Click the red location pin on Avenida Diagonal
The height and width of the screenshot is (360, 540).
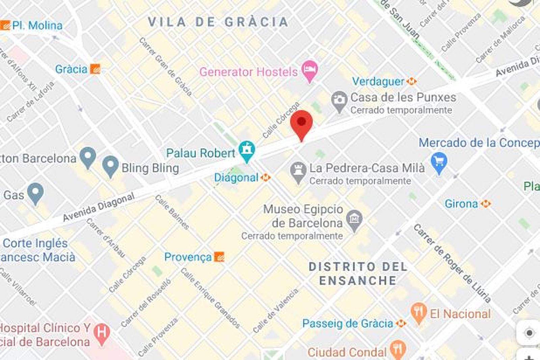[301, 123]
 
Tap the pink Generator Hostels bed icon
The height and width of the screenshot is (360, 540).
[309, 70]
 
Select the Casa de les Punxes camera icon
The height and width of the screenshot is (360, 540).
[339, 100]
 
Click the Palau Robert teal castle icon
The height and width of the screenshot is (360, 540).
[247, 150]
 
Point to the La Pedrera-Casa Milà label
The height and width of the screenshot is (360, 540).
[367, 168]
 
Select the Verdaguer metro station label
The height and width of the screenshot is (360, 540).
[378, 81]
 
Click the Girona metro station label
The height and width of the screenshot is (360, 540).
[461, 204]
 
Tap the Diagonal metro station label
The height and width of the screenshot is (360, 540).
[236, 177]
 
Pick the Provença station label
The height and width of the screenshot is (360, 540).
[188, 257]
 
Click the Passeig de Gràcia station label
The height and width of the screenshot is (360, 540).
[348, 324]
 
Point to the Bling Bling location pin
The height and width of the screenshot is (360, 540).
[110, 165]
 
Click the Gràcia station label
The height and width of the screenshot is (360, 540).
[71, 69]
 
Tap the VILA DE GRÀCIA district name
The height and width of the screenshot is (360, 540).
[218, 22]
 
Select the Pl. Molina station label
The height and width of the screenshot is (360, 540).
[37, 26]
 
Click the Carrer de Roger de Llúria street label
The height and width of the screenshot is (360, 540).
[452, 263]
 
